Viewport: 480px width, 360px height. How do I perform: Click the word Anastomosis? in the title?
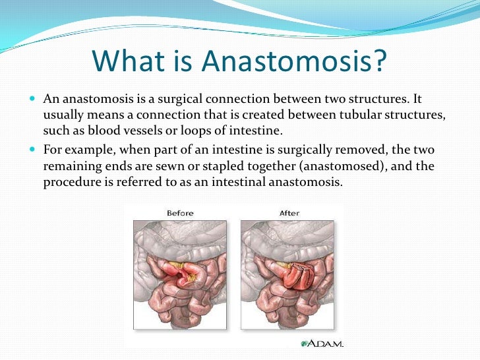coord(293,62)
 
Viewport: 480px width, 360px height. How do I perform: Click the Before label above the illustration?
coord(180,212)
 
